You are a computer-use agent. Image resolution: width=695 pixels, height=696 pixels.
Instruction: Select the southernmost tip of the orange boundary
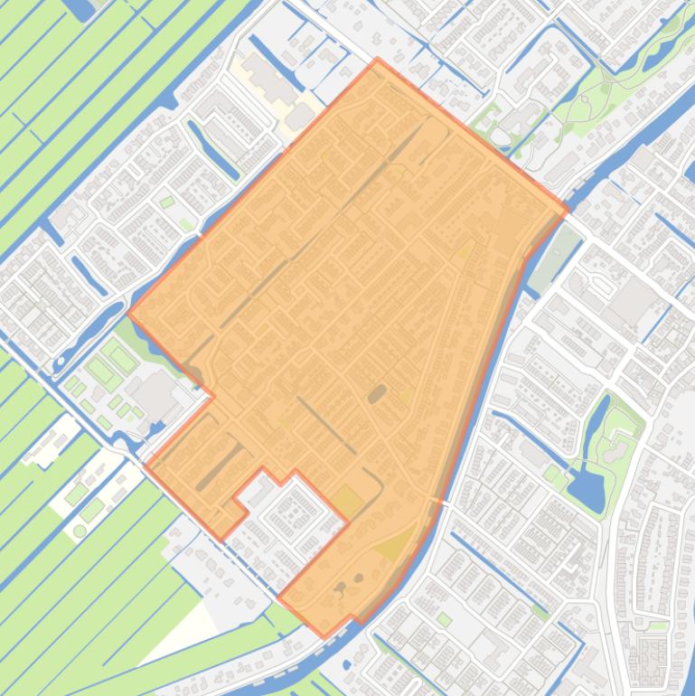tap(325, 636)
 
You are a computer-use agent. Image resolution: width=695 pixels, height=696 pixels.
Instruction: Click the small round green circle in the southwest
tap(80, 531)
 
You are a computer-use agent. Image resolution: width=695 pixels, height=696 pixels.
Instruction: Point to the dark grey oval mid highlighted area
tap(377, 393)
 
